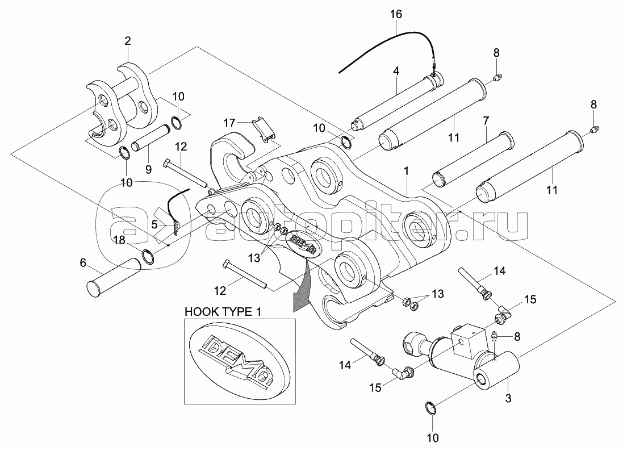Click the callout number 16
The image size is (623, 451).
click(395, 14)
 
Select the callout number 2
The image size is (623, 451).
click(127, 40)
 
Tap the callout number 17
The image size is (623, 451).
click(228, 122)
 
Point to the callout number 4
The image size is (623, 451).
click(395, 71)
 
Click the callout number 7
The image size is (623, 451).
click(486, 121)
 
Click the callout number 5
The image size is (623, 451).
click(154, 225)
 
